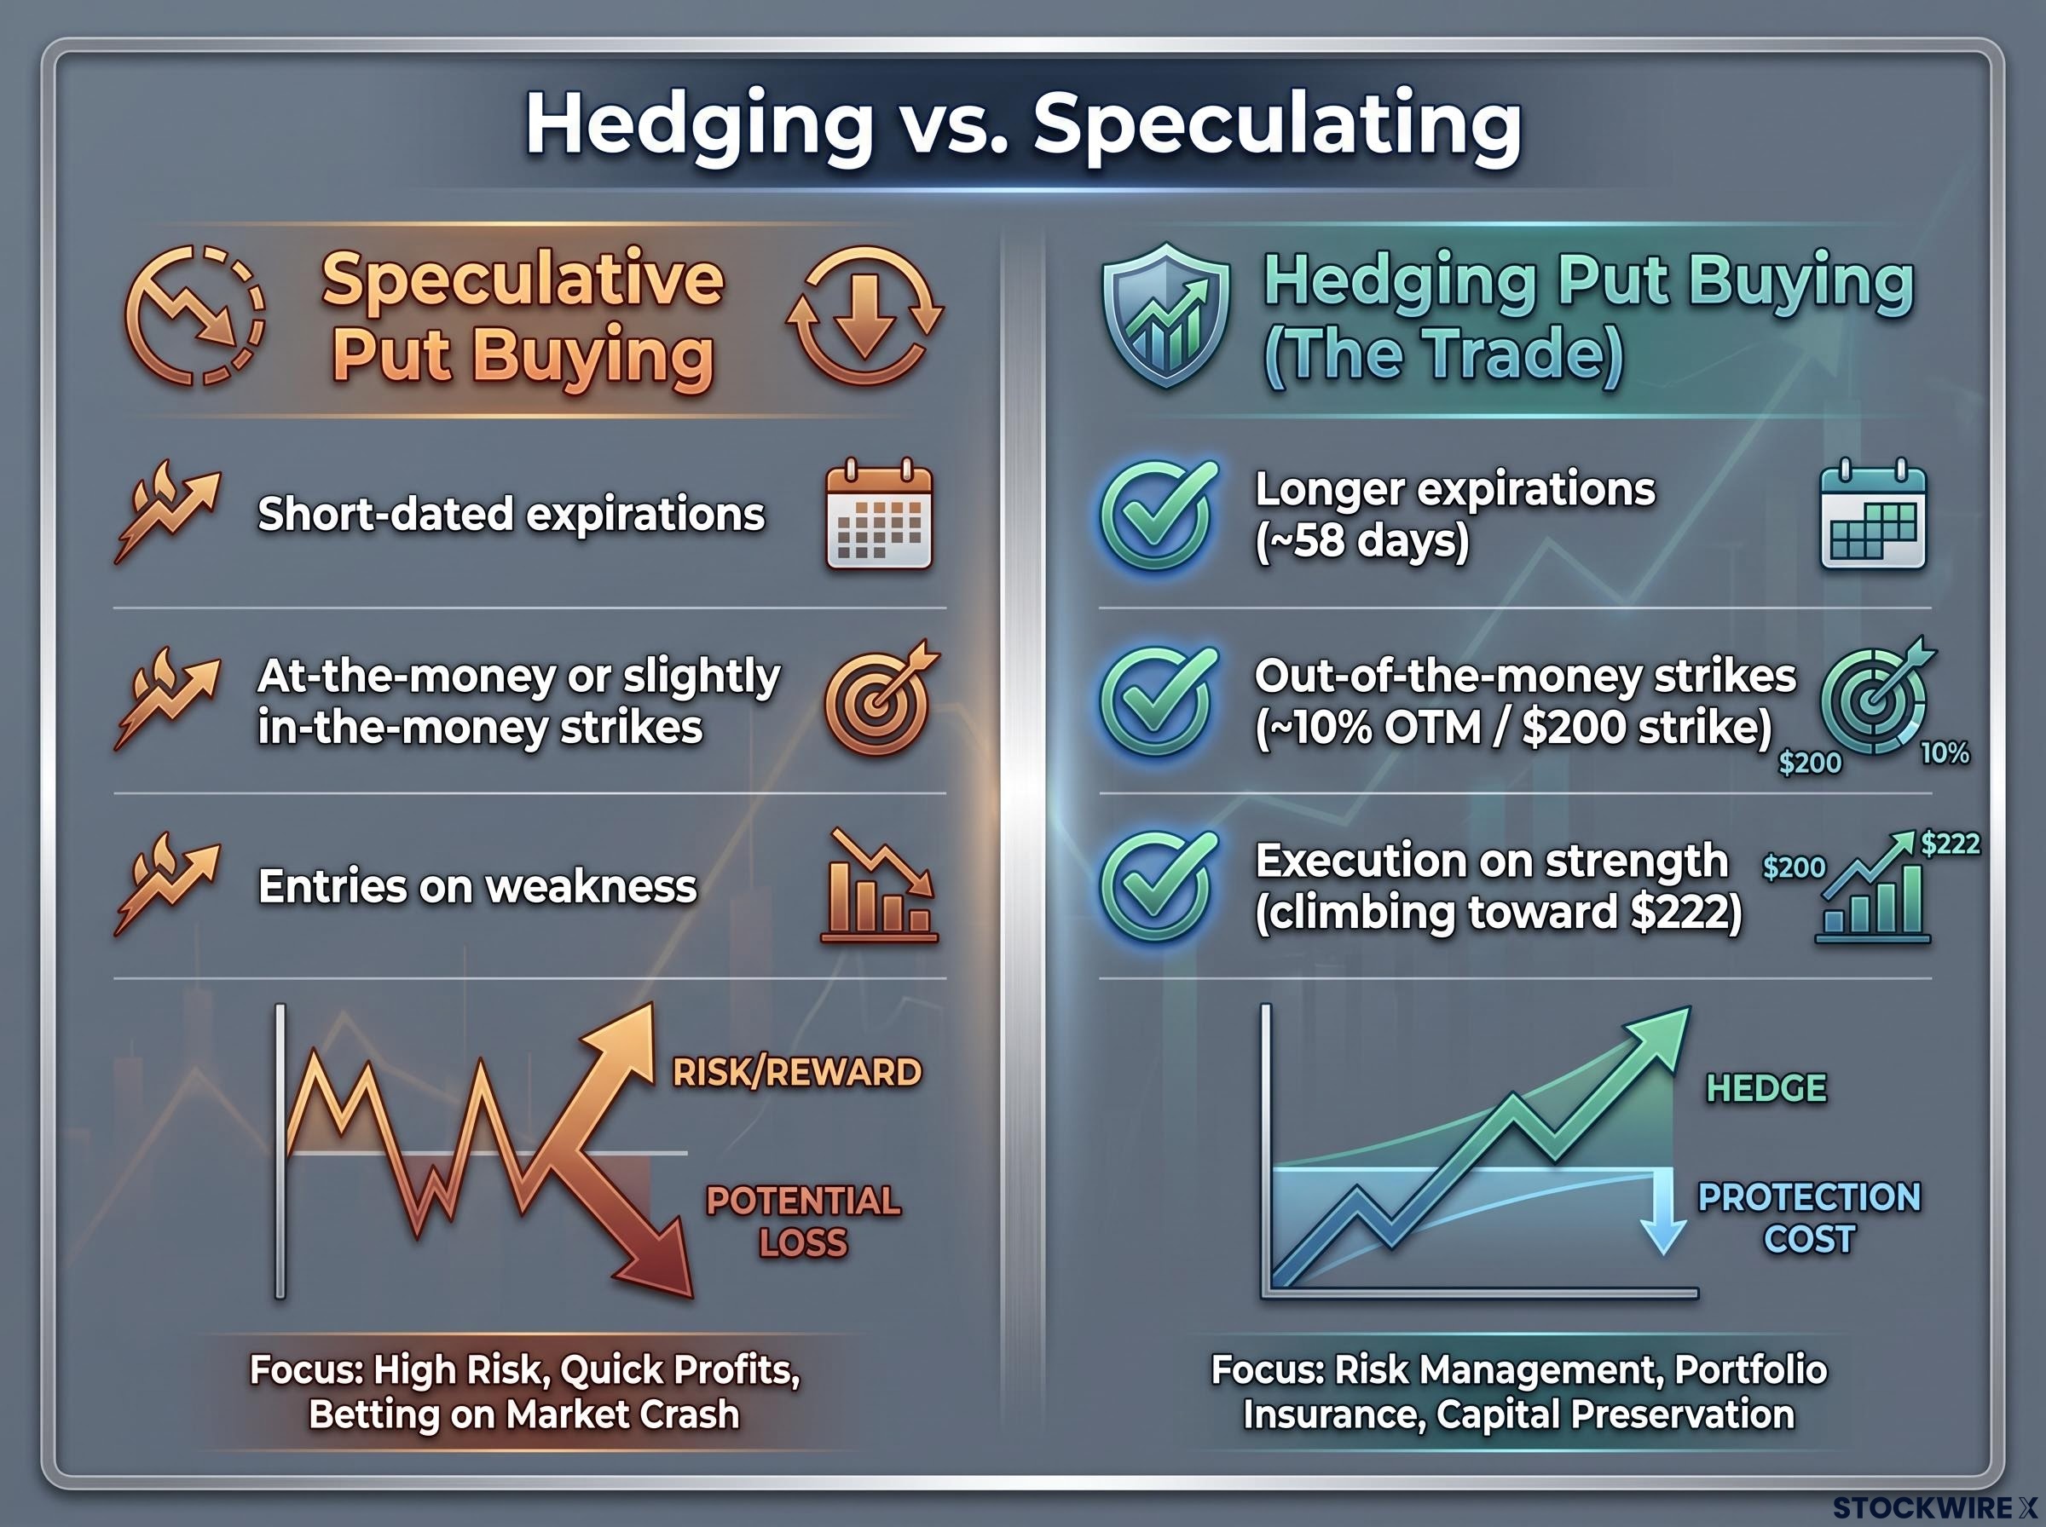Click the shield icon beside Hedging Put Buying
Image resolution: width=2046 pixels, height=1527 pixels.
1166,315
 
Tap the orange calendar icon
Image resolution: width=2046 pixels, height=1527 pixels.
878,514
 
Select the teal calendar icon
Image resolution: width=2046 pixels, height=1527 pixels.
1873,514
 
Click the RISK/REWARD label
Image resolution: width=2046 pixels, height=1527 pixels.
797,1072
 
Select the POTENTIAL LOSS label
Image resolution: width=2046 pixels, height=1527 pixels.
802,1221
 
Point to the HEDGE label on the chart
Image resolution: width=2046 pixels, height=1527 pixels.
1766,1088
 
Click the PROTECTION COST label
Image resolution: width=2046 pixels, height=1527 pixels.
1809,1218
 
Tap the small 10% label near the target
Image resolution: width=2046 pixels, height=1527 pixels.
1945,753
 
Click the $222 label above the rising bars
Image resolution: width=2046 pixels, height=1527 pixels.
1951,843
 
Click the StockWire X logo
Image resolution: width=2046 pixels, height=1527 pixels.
1935,1507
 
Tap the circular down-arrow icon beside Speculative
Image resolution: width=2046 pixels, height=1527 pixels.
864,315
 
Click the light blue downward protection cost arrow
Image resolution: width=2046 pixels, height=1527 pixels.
1663,1212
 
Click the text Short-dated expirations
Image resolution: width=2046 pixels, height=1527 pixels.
511,514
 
